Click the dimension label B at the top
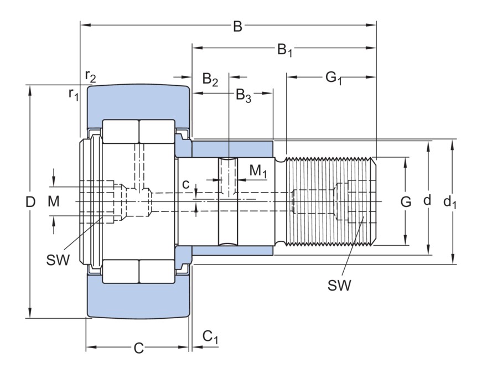point(237,26)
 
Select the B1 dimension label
point(284,50)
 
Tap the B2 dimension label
point(210,79)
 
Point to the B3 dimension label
point(244,96)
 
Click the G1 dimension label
point(333,78)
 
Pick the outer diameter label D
point(30,202)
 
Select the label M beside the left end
point(53,202)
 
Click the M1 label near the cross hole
point(258,172)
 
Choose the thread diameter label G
point(406,202)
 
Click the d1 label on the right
point(450,202)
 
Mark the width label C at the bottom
point(139,348)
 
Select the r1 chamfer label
point(74,94)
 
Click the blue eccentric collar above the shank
point(232,149)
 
